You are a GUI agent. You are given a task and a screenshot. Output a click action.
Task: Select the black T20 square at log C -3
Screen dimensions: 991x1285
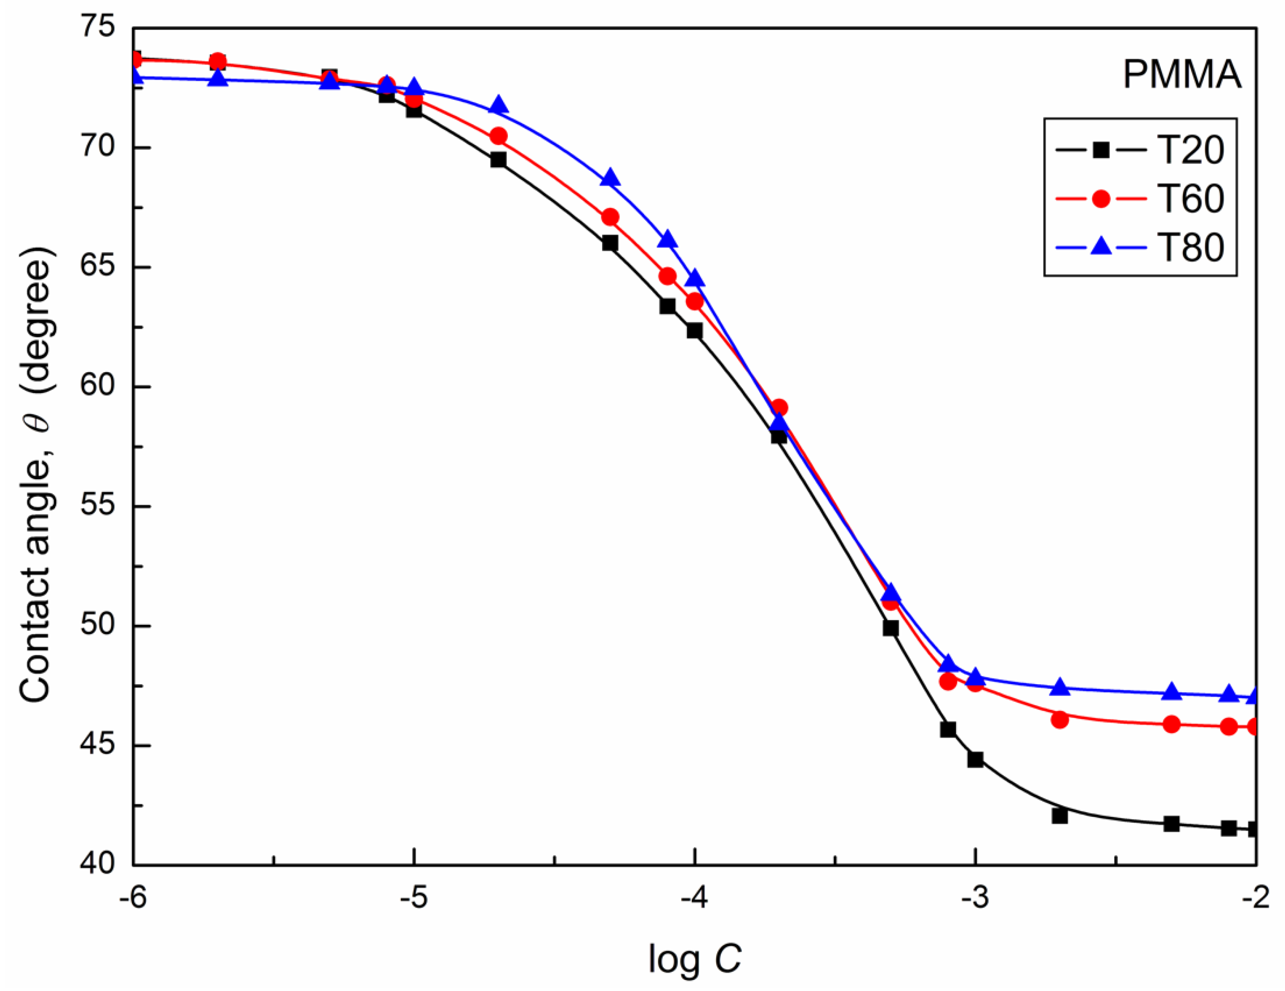coord(975,760)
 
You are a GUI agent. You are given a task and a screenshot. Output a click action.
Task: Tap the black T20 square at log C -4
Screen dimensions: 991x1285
coord(694,331)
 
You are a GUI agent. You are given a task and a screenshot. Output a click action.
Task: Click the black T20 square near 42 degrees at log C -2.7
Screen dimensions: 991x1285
coord(1060,816)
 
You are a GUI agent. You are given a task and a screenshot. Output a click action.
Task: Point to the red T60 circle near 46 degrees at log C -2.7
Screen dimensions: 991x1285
coord(1060,720)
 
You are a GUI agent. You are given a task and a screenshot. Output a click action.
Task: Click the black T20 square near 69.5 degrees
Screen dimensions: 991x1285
coord(498,160)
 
